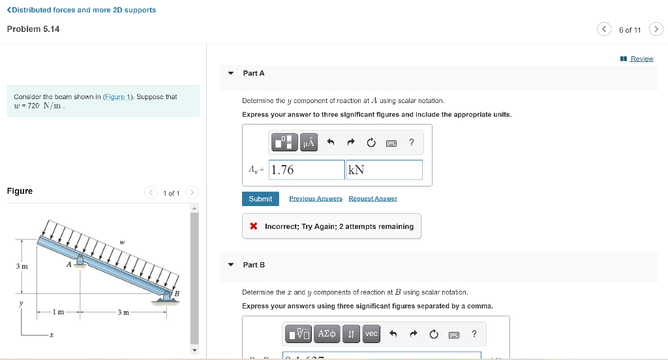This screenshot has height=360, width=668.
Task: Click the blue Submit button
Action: coord(260,199)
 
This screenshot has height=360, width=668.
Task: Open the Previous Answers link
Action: coord(316,199)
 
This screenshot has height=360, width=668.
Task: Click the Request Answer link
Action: coord(372,199)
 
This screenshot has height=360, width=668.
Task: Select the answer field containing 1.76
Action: coord(307,170)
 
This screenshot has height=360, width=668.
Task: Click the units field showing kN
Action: coord(384,170)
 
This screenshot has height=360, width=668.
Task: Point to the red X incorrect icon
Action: coord(253,226)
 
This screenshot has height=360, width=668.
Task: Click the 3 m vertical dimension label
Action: coord(22,266)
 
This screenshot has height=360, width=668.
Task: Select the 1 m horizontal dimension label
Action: coord(59,312)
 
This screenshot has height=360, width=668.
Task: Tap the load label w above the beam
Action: coord(122,243)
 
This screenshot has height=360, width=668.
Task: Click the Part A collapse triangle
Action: coord(231,73)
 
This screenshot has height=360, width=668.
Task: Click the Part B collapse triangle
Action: coord(231,265)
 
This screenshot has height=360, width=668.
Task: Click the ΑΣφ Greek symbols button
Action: coord(327,334)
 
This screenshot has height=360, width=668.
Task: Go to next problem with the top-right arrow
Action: coord(656,29)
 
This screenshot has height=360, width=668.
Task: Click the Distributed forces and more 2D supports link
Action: coord(82,10)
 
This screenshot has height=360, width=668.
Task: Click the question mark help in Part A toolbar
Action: coord(411,142)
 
